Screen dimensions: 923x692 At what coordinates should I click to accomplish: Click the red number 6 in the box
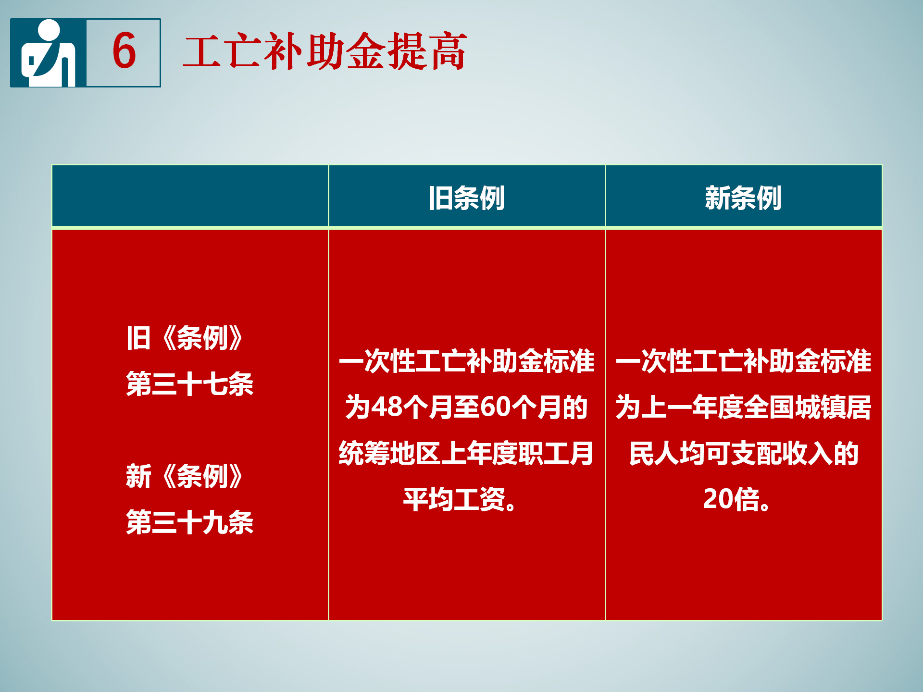[124, 50]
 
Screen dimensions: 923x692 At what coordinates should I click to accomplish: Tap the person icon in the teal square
[49, 53]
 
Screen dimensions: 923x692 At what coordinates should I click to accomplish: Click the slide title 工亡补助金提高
[325, 51]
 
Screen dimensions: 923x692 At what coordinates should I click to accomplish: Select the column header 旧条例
[466, 198]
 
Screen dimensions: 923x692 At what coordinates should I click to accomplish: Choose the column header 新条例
[743, 198]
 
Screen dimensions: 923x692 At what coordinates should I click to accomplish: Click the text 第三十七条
[190, 384]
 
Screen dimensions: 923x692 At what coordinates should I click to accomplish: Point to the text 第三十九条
[190, 522]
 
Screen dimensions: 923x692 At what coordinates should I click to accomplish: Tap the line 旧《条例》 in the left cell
[185, 338]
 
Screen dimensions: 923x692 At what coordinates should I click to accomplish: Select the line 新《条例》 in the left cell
[185, 476]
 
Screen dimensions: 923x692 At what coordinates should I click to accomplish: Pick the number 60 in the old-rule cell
[495, 407]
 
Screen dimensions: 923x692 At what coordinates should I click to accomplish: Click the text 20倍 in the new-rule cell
[732, 499]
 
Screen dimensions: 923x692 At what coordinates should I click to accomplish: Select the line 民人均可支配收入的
[744, 453]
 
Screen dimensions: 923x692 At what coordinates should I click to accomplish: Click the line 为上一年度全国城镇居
[744, 407]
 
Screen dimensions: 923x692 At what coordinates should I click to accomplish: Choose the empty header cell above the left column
[190, 196]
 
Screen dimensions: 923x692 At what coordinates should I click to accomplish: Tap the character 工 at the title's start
[202, 52]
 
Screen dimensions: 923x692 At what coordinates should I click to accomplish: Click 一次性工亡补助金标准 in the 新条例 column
[744, 361]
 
